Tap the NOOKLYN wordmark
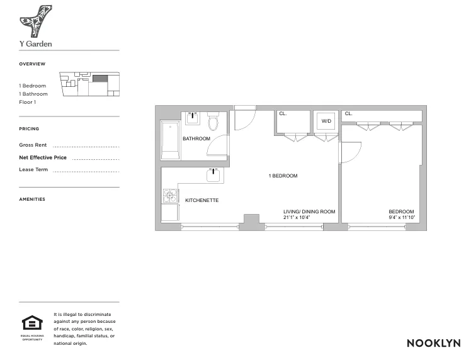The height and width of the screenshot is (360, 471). click(x=433, y=343)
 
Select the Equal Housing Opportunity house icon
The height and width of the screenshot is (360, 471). click(x=31, y=323)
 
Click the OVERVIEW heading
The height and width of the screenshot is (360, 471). click(x=31, y=64)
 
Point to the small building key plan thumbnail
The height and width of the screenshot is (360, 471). click(x=89, y=84)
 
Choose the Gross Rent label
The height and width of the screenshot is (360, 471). click(x=33, y=145)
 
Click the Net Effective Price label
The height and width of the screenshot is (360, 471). click(x=43, y=157)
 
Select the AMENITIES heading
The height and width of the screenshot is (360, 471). click(x=32, y=199)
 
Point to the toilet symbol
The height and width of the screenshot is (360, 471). click(x=213, y=121)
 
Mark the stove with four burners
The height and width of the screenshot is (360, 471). click(x=170, y=196)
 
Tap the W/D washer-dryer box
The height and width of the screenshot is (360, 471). click(x=326, y=120)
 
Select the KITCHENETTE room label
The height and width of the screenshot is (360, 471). click(x=201, y=200)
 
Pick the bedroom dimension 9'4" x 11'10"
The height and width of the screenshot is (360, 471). click(x=401, y=218)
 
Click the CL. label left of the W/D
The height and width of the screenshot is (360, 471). click(x=283, y=114)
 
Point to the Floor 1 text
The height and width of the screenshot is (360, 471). click(x=27, y=102)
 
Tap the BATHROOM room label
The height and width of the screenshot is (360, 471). click(x=196, y=138)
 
